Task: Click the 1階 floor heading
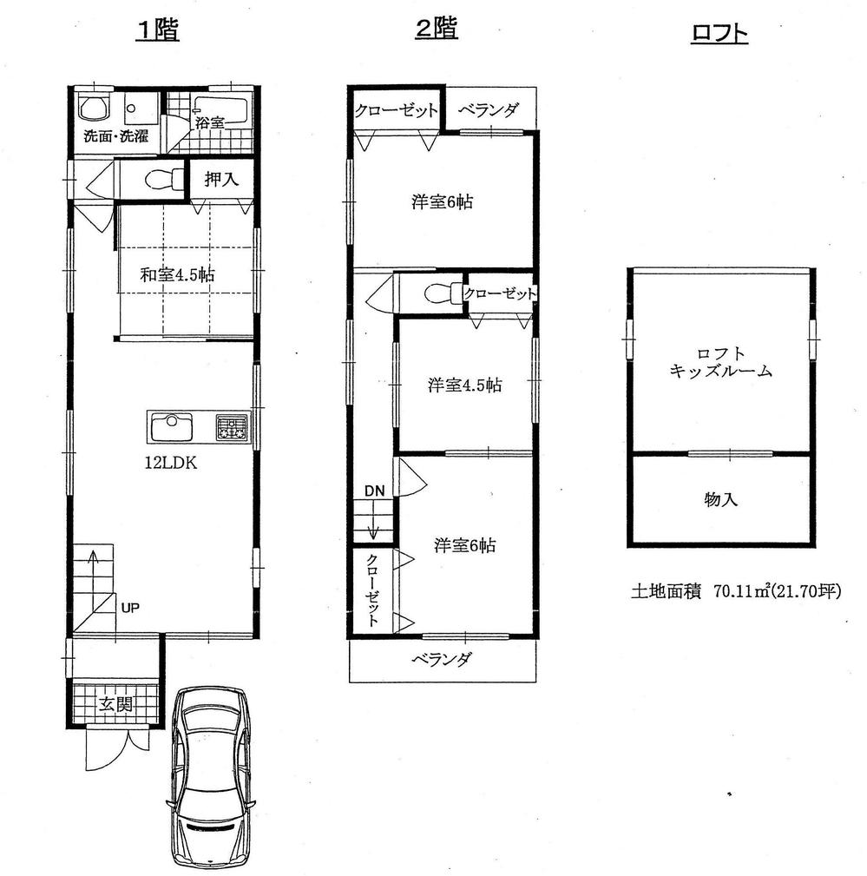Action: (x=157, y=30)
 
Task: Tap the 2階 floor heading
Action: (x=437, y=30)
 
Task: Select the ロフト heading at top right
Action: (x=719, y=34)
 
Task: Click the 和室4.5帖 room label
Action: (x=179, y=275)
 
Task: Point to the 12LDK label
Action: (x=170, y=463)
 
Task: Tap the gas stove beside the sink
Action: (x=232, y=427)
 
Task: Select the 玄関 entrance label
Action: (x=115, y=704)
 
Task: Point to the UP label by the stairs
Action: (x=129, y=607)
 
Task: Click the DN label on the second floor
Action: (x=373, y=491)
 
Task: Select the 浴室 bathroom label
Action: (x=209, y=122)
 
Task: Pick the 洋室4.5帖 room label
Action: (x=463, y=385)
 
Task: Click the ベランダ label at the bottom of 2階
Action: (x=442, y=660)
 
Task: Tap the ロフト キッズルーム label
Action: (x=720, y=362)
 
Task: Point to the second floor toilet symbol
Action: (x=440, y=293)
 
